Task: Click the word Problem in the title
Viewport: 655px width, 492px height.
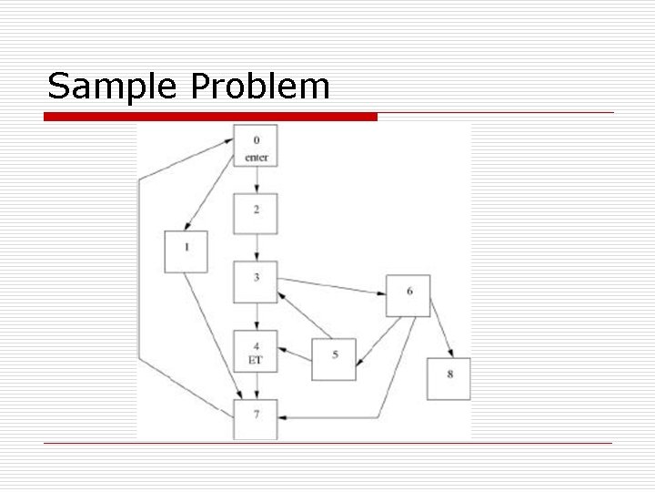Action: coord(260,87)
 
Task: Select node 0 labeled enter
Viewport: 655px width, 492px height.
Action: coord(256,147)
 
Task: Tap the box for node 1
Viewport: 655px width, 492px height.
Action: coord(186,251)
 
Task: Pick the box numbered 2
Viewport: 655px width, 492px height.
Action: coord(256,214)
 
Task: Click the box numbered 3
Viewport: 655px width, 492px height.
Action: coord(256,282)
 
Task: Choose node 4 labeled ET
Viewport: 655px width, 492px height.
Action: coord(256,352)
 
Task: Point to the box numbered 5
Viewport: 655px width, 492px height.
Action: coord(334,359)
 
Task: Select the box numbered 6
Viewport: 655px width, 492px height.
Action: coord(408,295)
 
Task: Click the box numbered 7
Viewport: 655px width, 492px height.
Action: coord(256,419)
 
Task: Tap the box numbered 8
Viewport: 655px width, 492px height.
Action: coord(449,378)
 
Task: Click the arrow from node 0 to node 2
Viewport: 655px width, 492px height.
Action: coord(256,180)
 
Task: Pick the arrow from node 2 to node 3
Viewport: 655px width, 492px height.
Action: coord(256,248)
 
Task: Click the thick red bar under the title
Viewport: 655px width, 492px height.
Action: coord(211,117)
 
